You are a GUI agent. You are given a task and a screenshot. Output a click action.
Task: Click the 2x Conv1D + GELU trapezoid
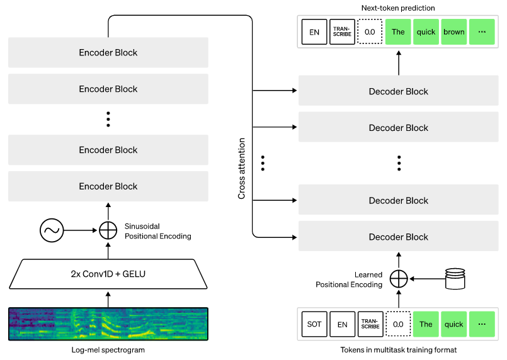click(108, 274)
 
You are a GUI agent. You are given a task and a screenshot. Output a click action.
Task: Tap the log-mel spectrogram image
click(108, 324)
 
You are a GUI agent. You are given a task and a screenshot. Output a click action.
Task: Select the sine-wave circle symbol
click(52, 231)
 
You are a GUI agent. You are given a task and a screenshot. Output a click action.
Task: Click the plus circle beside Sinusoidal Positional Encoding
click(108, 231)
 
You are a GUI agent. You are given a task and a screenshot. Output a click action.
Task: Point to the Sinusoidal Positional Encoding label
click(157, 231)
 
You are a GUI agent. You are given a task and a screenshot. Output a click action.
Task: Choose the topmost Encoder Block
click(108, 53)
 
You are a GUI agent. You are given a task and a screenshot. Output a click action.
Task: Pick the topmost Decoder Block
click(398, 91)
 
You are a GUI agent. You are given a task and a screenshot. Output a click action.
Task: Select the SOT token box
click(314, 324)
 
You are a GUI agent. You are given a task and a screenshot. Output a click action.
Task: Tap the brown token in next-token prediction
click(453, 32)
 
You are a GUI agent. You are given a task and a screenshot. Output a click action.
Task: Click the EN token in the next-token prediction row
click(314, 32)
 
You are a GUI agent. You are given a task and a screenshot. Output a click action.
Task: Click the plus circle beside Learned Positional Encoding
click(398, 278)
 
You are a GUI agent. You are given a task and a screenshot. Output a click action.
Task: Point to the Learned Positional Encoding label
click(349, 279)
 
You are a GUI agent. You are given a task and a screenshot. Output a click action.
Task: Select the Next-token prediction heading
click(398, 8)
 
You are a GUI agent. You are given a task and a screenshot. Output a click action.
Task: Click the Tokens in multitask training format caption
click(398, 350)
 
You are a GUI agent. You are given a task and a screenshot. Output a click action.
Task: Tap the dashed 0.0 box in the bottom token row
click(398, 324)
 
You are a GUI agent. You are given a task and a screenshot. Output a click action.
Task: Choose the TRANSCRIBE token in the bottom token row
click(370, 324)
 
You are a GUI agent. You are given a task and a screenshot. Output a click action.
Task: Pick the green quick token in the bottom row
click(454, 324)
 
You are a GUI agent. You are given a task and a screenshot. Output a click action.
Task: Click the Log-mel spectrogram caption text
click(108, 350)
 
